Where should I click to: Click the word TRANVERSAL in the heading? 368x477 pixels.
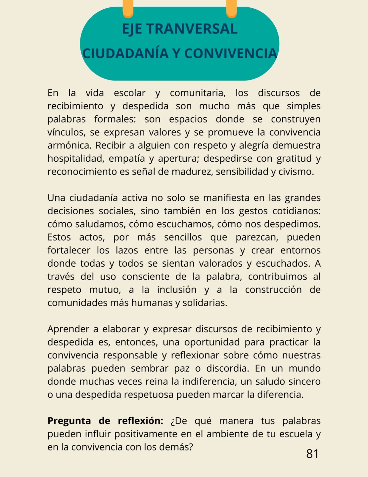192,29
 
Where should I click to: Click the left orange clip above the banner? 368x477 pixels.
128,9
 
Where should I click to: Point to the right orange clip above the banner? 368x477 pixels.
231,9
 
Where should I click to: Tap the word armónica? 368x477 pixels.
69,146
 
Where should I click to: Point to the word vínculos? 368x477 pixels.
67,132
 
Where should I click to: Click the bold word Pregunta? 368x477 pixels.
69,421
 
